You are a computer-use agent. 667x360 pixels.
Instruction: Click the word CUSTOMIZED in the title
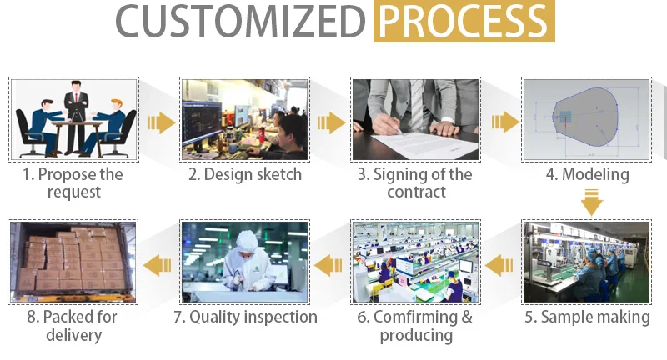click(x=240, y=21)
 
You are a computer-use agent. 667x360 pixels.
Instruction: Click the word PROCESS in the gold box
click(x=464, y=21)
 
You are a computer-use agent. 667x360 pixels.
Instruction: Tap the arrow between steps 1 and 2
click(x=161, y=122)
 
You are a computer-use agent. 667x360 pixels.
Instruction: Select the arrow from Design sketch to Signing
click(x=332, y=122)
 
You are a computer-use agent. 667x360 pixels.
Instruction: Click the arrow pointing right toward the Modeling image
click(x=505, y=122)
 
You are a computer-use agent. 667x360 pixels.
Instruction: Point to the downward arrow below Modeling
click(x=592, y=202)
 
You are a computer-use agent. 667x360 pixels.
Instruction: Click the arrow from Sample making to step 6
click(x=499, y=265)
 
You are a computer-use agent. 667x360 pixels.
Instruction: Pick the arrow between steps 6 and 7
click(x=328, y=265)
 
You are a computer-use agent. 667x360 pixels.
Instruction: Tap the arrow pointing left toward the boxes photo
click(x=158, y=265)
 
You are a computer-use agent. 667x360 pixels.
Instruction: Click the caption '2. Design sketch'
click(x=245, y=174)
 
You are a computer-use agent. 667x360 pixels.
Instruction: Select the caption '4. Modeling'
click(x=588, y=174)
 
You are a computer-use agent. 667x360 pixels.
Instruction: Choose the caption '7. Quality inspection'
click(x=245, y=317)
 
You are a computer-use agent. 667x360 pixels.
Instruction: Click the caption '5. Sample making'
click(x=587, y=317)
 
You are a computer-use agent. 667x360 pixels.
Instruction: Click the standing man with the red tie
click(x=76, y=116)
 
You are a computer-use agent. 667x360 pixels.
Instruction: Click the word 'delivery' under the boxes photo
click(x=74, y=335)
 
